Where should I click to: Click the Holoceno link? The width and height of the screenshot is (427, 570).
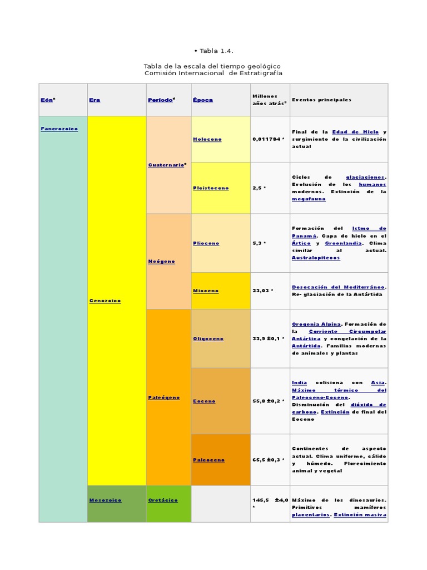pos(207,139)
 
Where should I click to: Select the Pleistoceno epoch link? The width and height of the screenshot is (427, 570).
pos(211,188)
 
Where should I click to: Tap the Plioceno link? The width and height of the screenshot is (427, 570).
pos(206,243)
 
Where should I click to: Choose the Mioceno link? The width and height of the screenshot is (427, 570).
pos(206,291)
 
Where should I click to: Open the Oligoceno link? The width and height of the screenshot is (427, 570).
pos(208,339)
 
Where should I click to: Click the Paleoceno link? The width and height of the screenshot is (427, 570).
pos(209,460)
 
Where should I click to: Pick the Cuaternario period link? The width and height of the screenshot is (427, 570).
pos(166,165)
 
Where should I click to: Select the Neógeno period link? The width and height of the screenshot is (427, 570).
pos(161,262)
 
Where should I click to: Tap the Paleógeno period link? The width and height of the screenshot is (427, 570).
pos(164,397)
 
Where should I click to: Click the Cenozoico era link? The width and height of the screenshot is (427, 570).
pos(105,301)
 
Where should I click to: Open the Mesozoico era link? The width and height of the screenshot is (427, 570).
pos(105,500)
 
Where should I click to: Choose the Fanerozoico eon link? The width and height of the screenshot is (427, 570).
pos(59,129)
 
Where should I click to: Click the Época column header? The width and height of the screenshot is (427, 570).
pos(202,100)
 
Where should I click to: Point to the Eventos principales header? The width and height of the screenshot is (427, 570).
pos(321,100)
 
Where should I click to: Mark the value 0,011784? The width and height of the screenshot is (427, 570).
pos(266,139)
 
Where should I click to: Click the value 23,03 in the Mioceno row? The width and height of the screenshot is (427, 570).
pos(261,291)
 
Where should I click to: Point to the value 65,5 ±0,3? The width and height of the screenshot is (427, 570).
pos(266,460)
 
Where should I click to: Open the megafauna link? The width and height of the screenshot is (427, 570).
pos(309,199)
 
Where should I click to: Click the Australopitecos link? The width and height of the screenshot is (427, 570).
pos(316,258)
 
